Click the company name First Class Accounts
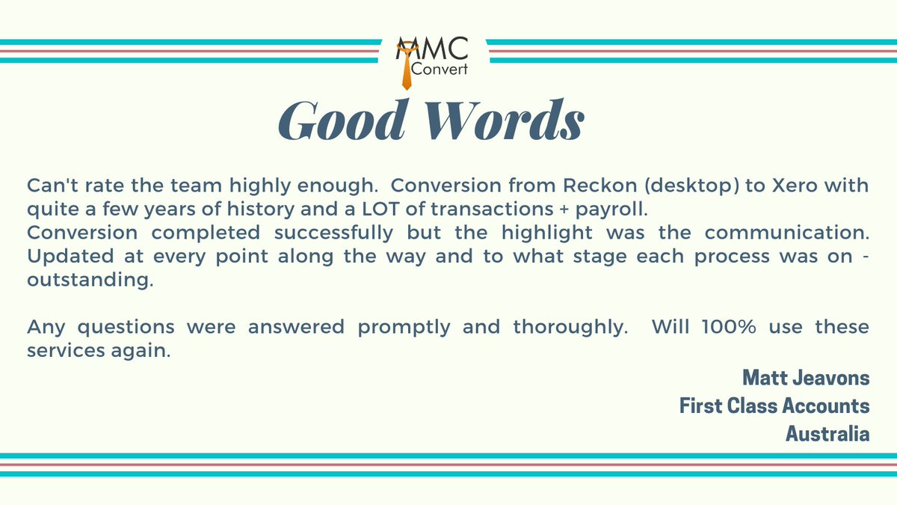click(774, 405)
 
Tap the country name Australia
click(827, 433)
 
